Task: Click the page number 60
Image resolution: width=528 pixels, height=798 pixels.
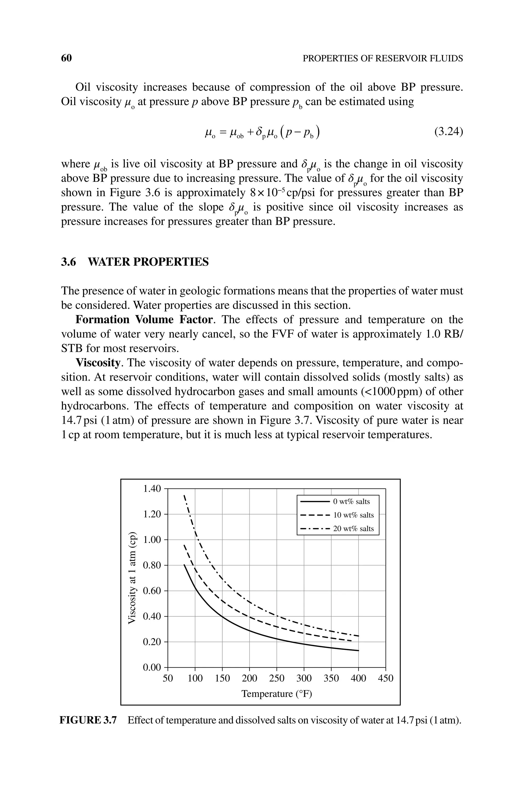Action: (66, 58)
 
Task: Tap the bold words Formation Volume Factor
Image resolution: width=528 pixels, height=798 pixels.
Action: (144, 320)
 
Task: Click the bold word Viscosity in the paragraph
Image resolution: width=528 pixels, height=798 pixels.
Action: (98, 363)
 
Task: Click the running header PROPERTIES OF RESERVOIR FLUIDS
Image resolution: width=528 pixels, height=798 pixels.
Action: (383, 59)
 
